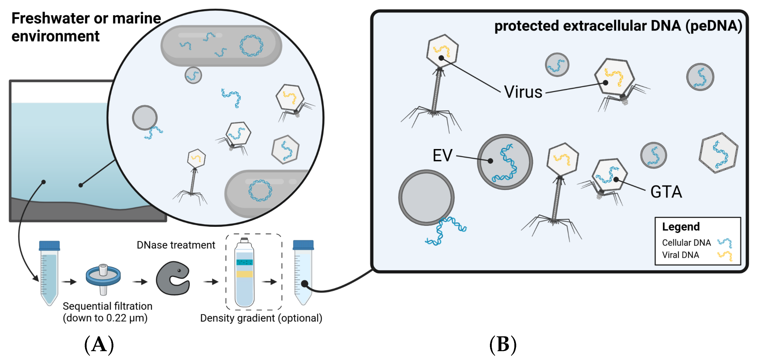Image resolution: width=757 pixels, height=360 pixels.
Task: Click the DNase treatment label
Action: click(176, 245)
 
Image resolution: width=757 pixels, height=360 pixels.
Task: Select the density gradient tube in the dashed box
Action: click(244, 273)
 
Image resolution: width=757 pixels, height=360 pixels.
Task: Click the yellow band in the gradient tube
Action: click(244, 274)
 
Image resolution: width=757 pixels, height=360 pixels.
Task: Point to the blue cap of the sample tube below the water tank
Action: click(49, 245)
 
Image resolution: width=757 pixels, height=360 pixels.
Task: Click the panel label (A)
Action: click(99, 344)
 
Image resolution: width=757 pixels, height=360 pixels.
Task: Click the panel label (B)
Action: click(503, 344)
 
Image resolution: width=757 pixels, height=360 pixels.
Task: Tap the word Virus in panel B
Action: click(523, 92)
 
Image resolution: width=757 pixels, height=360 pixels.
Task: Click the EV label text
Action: click(442, 156)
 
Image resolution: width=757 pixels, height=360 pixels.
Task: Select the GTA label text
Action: click(666, 192)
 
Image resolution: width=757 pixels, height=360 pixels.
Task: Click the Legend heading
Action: click(681, 227)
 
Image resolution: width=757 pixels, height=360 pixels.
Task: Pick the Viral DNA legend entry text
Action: click(680, 255)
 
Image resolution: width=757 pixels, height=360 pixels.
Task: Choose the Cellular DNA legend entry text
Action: click(686, 242)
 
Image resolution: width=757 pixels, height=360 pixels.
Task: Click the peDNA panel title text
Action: click(618, 26)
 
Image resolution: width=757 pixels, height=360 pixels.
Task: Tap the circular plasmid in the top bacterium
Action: click(251, 46)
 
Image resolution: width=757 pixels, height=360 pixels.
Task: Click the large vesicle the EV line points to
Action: click(504, 162)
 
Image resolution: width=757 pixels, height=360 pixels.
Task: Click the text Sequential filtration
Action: click(108, 306)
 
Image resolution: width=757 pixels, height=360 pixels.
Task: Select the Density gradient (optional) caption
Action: click(261, 318)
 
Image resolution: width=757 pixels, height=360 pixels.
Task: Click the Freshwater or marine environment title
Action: click(86, 27)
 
